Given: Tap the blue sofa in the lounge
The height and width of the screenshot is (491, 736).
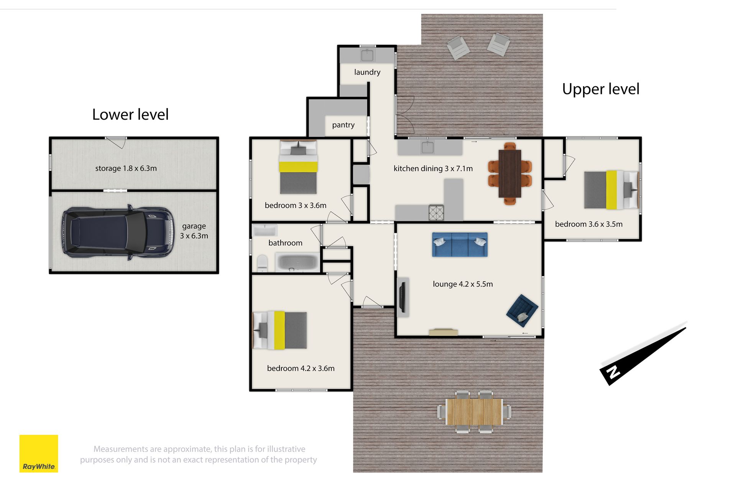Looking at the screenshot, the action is click(460, 244).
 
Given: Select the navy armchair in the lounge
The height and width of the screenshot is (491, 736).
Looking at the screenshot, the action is click(522, 310).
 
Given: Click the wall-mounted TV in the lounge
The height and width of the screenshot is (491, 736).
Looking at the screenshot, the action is click(402, 297).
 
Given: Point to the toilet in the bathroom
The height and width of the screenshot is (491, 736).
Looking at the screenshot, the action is click(262, 263).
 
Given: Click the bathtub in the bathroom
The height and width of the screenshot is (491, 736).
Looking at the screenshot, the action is click(297, 262).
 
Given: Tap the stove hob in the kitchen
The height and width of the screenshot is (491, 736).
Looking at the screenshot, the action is click(436, 213).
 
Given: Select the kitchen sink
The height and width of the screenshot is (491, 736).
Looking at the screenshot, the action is click(427, 147).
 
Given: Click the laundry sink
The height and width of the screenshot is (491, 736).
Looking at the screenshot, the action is click(367, 55).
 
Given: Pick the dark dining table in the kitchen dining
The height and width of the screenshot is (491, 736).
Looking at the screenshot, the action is click(509, 173).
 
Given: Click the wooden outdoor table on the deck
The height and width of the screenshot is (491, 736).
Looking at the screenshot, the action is click(474, 412).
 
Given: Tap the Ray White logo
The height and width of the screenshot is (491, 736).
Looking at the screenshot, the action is click(39, 453).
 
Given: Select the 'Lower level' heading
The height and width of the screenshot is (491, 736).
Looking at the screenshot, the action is click(130, 114).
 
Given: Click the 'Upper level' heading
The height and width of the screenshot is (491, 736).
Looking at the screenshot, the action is click(601, 89).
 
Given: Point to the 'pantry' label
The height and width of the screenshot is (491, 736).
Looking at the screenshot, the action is click(343, 125).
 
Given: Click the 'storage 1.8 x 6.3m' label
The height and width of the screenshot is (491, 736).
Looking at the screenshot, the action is click(126, 168).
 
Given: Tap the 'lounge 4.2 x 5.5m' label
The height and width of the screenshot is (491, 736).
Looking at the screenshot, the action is click(463, 284).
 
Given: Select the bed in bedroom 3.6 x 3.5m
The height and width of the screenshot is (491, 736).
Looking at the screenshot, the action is click(611, 189).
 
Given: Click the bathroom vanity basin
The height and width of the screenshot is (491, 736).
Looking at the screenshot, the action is click(264, 230).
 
